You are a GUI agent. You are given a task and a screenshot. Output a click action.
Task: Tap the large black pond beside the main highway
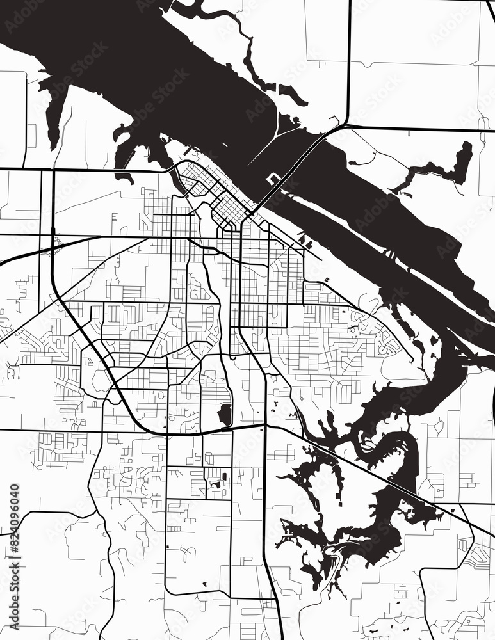coord(225,414)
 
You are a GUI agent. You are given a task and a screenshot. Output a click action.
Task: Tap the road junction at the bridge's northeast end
coord(346,125)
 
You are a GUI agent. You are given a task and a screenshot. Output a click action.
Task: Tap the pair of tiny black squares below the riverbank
coord(327,280)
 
